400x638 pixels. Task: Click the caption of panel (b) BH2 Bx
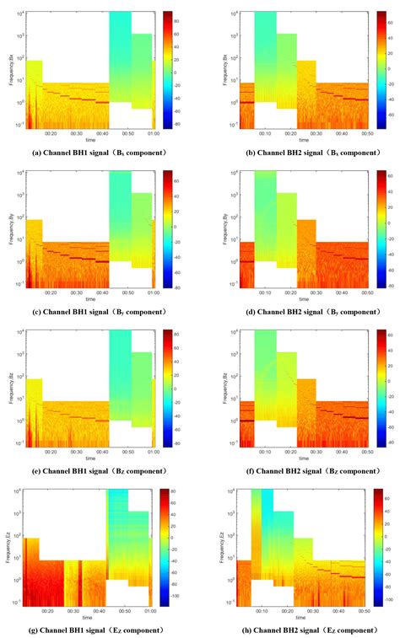coord(300,152)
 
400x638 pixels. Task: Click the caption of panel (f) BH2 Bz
coord(300,470)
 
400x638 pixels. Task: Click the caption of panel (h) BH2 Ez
coord(300,630)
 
